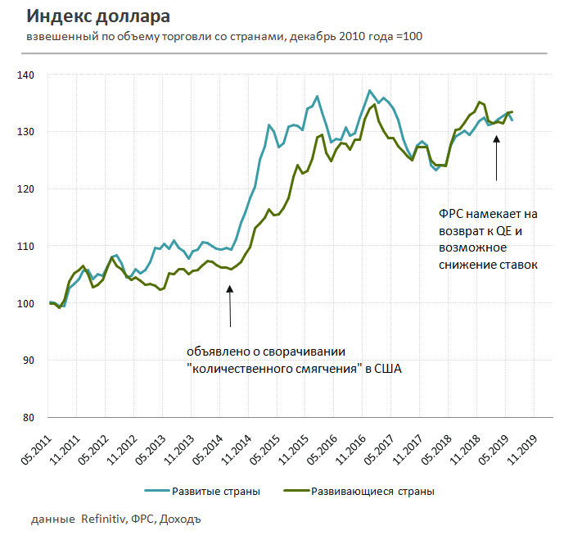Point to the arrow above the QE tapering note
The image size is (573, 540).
click(230, 304)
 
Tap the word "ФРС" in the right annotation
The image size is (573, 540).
click(453, 214)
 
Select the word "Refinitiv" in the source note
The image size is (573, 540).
click(104, 520)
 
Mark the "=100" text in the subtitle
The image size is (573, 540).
click(409, 37)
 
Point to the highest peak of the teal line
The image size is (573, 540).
click(370, 90)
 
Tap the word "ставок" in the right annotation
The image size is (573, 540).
click(517, 263)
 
